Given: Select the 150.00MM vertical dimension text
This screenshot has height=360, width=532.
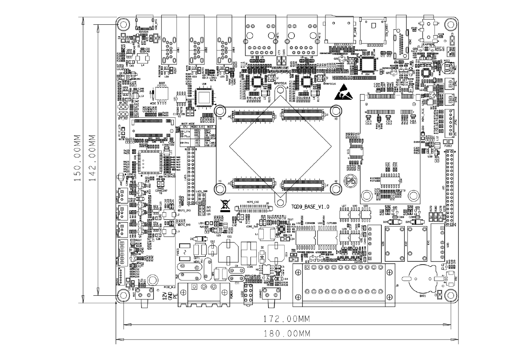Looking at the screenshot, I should [78, 159].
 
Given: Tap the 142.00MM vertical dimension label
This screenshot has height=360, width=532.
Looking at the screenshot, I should [92, 159].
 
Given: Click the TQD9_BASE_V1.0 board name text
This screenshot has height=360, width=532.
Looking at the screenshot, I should [310, 207].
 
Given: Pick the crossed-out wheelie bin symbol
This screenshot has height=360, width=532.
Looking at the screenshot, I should [225, 205].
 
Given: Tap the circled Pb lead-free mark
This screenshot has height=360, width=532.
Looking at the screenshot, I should [352, 181].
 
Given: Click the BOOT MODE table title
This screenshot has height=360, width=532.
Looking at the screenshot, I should [189, 124].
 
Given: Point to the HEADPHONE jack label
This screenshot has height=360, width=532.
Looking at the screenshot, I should [429, 44].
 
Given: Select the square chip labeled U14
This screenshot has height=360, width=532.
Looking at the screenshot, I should [368, 64].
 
